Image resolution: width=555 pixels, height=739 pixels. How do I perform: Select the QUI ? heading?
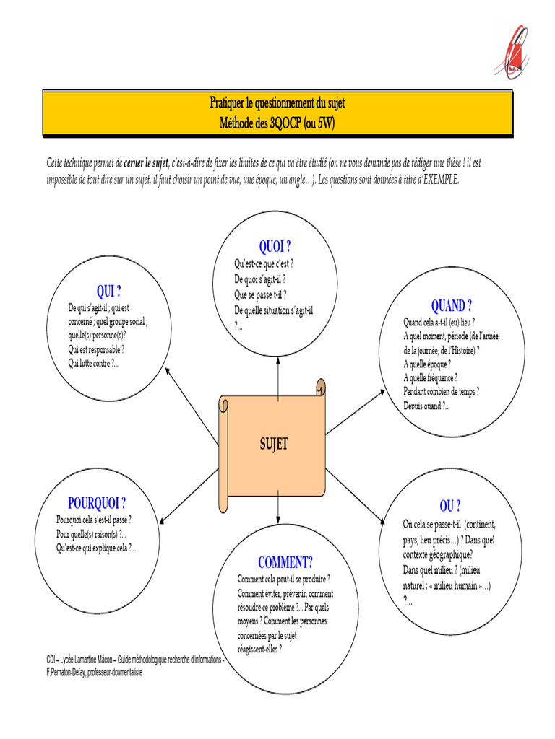[108, 292]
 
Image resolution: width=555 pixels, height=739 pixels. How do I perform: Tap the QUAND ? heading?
[452, 306]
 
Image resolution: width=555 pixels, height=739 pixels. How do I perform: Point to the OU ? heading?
[449, 505]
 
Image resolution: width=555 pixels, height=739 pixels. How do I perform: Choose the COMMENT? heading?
[285, 562]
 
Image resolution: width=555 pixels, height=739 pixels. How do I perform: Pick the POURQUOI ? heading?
[97, 503]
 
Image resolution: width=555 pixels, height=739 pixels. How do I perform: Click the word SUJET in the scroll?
[274, 444]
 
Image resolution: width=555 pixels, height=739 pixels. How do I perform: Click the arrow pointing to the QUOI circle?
[277, 375]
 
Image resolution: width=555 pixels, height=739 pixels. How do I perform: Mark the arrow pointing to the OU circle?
[357, 498]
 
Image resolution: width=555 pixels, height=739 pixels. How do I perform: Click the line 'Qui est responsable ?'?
[96, 349]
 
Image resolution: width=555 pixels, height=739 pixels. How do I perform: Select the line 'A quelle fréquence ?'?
[430, 377]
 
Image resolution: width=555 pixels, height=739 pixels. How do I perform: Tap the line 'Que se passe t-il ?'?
[260, 294]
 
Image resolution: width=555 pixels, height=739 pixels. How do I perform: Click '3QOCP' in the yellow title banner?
[287, 123]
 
